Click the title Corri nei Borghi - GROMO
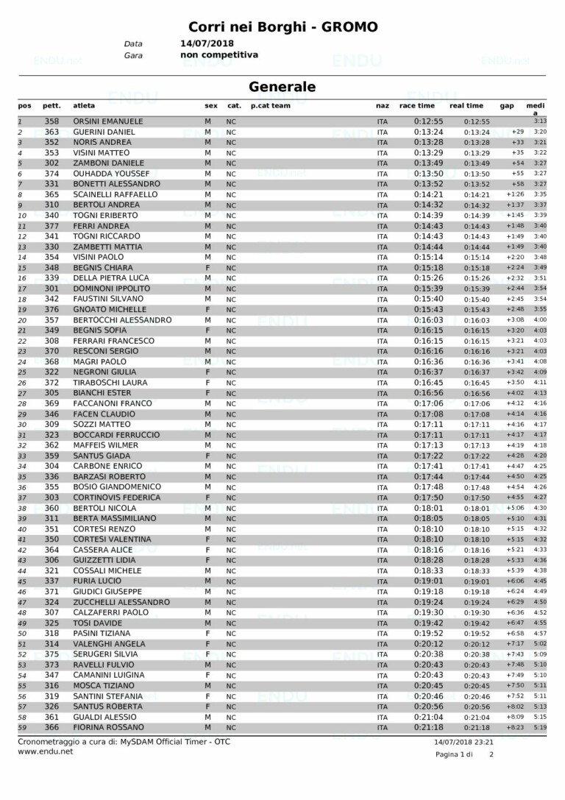pyautogui.click(x=282, y=27)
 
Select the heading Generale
pyautogui.click(x=282, y=87)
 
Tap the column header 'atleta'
pyautogui.click(x=84, y=106)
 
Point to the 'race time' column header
pyautogui.click(x=417, y=106)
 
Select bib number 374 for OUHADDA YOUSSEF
pyautogui.click(x=51, y=174)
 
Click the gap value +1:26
pyautogui.click(x=514, y=195)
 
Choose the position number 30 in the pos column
pyautogui.click(x=22, y=425)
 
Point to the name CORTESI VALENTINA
pyautogui.click(x=113, y=539)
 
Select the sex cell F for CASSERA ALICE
pyautogui.click(x=208, y=550)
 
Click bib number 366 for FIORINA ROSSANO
pyautogui.click(x=51, y=728)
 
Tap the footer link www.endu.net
pyautogui.click(x=45, y=752)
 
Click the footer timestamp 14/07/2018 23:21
pyautogui.click(x=464, y=742)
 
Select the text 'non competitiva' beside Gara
pyautogui.click(x=219, y=54)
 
